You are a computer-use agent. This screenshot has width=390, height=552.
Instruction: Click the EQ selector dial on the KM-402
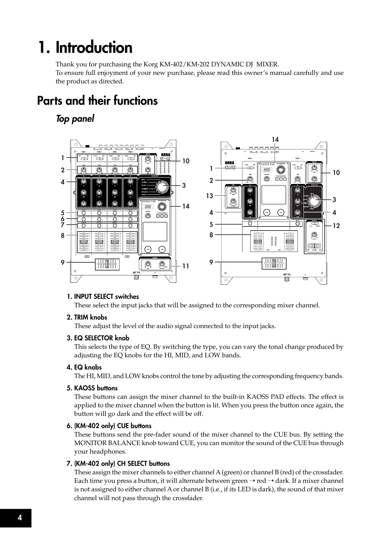[162, 187]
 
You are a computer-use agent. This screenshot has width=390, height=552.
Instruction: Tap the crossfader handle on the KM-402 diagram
[107, 264]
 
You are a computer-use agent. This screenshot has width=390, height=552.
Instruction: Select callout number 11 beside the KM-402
[186, 266]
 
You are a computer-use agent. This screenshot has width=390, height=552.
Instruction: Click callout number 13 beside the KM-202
[209, 196]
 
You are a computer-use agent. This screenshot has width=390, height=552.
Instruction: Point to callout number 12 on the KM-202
[336, 226]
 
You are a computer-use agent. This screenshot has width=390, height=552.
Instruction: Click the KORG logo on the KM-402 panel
[165, 155]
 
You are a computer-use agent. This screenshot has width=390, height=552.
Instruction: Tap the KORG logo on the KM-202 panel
[232, 163]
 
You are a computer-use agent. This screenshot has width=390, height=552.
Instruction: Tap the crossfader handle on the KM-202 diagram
[274, 263]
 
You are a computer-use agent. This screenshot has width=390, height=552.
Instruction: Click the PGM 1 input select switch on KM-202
[250, 168]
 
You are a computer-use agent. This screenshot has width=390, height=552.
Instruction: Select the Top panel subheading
[75, 119]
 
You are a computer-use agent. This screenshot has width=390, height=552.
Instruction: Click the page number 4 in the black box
[20, 518]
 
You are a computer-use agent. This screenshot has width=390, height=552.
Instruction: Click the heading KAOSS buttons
[96, 388]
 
